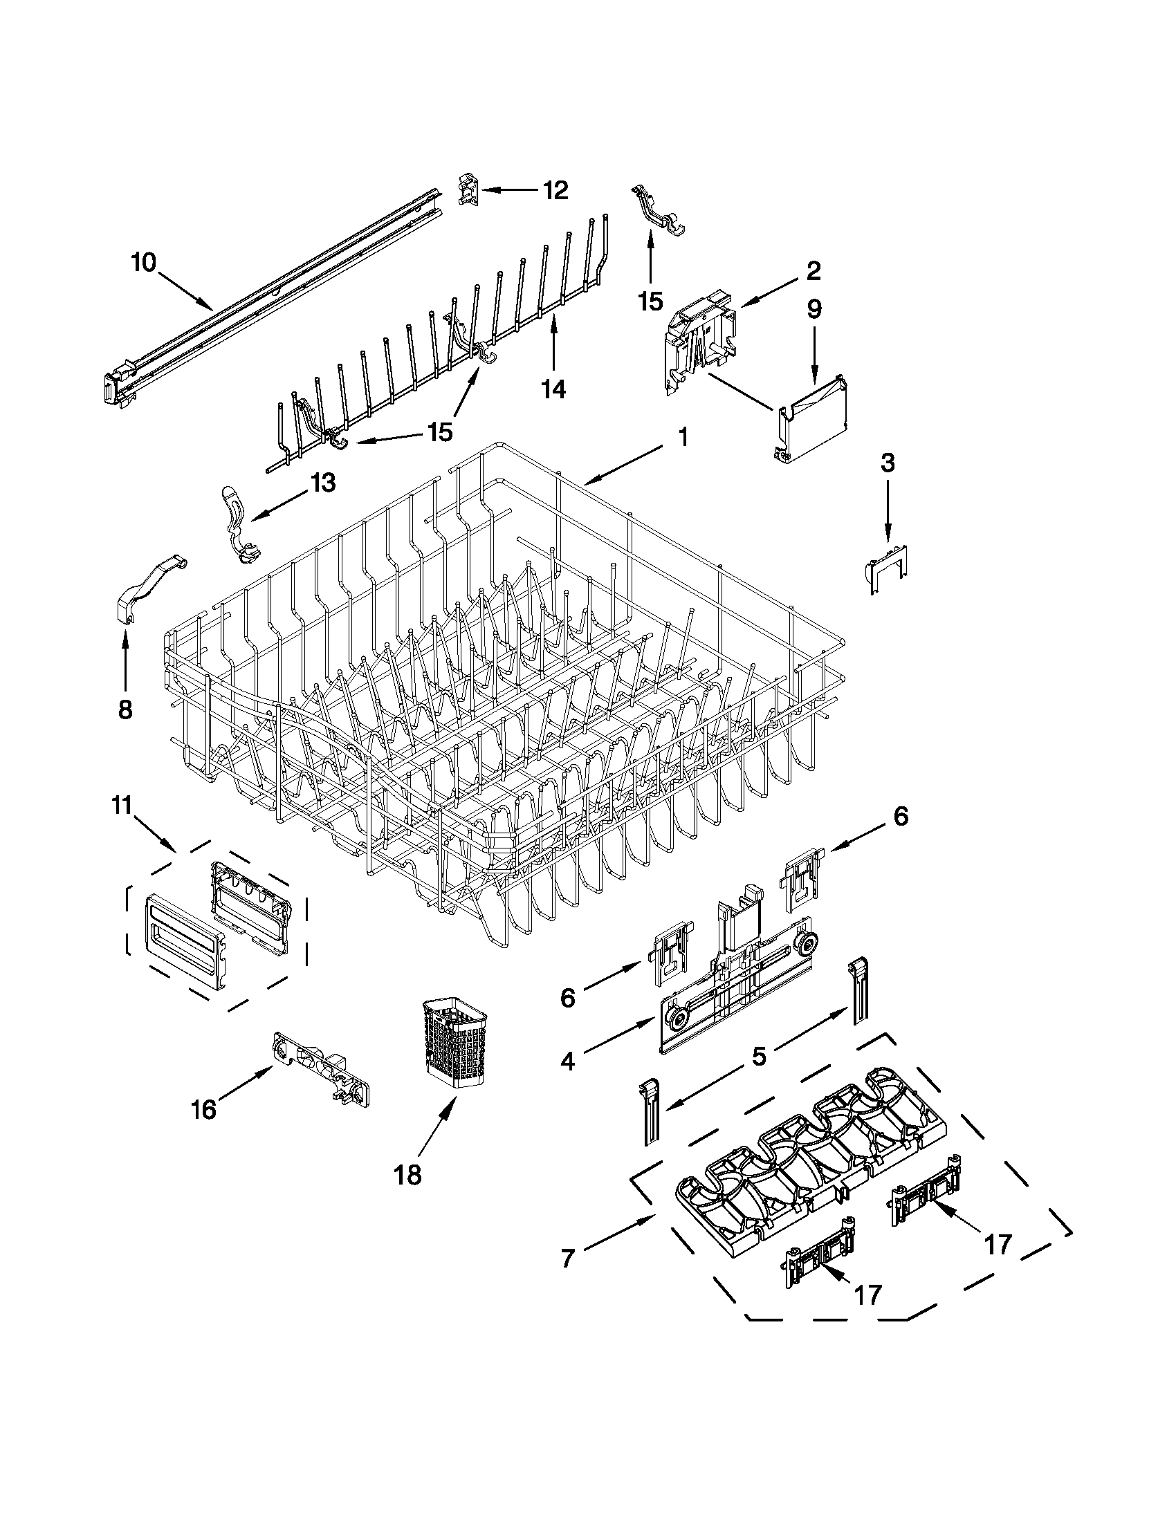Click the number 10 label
(145, 263)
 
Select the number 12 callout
(555, 190)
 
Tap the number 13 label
(323, 482)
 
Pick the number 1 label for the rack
(683, 438)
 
